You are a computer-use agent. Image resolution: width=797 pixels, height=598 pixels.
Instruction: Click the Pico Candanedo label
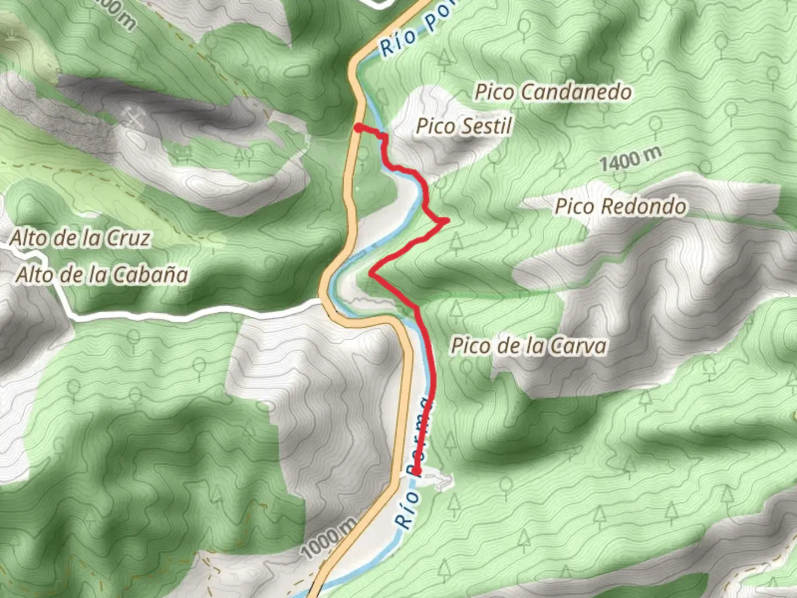(x=553, y=92)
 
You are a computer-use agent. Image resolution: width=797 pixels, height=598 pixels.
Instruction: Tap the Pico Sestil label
(x=464, y=126)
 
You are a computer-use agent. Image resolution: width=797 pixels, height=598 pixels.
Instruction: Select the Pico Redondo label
(x=620, y=207)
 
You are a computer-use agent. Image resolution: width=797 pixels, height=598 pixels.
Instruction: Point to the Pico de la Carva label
(x=529, y=346)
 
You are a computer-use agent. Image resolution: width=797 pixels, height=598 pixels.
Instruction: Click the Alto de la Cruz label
(x=80, y=239)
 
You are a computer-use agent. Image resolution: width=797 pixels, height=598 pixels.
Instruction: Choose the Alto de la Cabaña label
(x=102, y=275)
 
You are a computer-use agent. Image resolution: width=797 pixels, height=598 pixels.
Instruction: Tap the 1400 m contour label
(x=630, y=159)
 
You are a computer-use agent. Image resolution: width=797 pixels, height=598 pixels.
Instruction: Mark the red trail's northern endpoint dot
(x=358, y=128)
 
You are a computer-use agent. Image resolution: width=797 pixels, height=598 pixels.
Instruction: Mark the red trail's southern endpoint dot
(x=417, y=472)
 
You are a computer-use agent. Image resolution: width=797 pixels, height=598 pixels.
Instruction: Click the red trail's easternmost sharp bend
(x=445, y=221)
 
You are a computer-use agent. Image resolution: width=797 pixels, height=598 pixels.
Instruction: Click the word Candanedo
(x=576, y=92)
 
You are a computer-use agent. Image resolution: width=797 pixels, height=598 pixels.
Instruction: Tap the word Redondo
(x=643, y=207)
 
